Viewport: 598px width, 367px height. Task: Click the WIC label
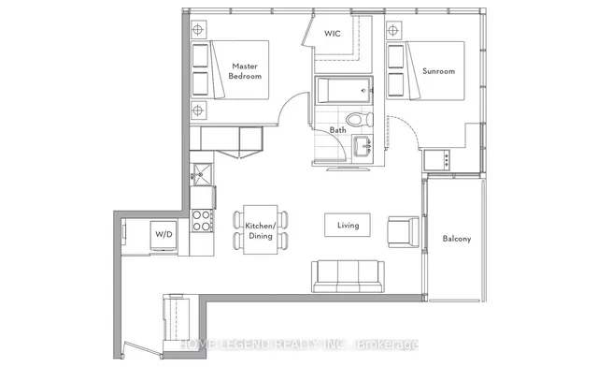[x=333, y=34]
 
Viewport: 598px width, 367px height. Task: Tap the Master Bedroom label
[x=245, y=71]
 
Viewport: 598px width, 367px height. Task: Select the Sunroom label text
[x=438, y=71]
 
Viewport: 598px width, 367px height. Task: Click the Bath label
[x=338, y=130]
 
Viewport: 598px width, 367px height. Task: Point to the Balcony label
[x=457, y=239]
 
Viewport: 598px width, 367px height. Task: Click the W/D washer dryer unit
[x=164, y=236]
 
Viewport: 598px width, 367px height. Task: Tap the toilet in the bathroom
[x=360, y=119]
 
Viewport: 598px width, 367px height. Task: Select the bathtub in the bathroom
[x=344, y=90]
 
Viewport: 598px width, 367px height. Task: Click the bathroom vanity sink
[x=363, y=146]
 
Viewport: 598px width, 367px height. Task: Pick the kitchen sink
[x=202, y=174]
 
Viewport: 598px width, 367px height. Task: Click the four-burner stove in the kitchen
[x=202, y=221]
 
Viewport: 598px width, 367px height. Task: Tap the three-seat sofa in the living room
[x=348, y=276]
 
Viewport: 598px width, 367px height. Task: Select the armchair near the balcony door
[x=404, y=231]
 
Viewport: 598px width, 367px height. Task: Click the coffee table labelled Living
[x=348, y=226]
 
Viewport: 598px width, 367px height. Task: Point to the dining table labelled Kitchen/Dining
[x=261, y=229]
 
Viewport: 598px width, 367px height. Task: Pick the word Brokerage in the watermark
[x=387, y=345]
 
